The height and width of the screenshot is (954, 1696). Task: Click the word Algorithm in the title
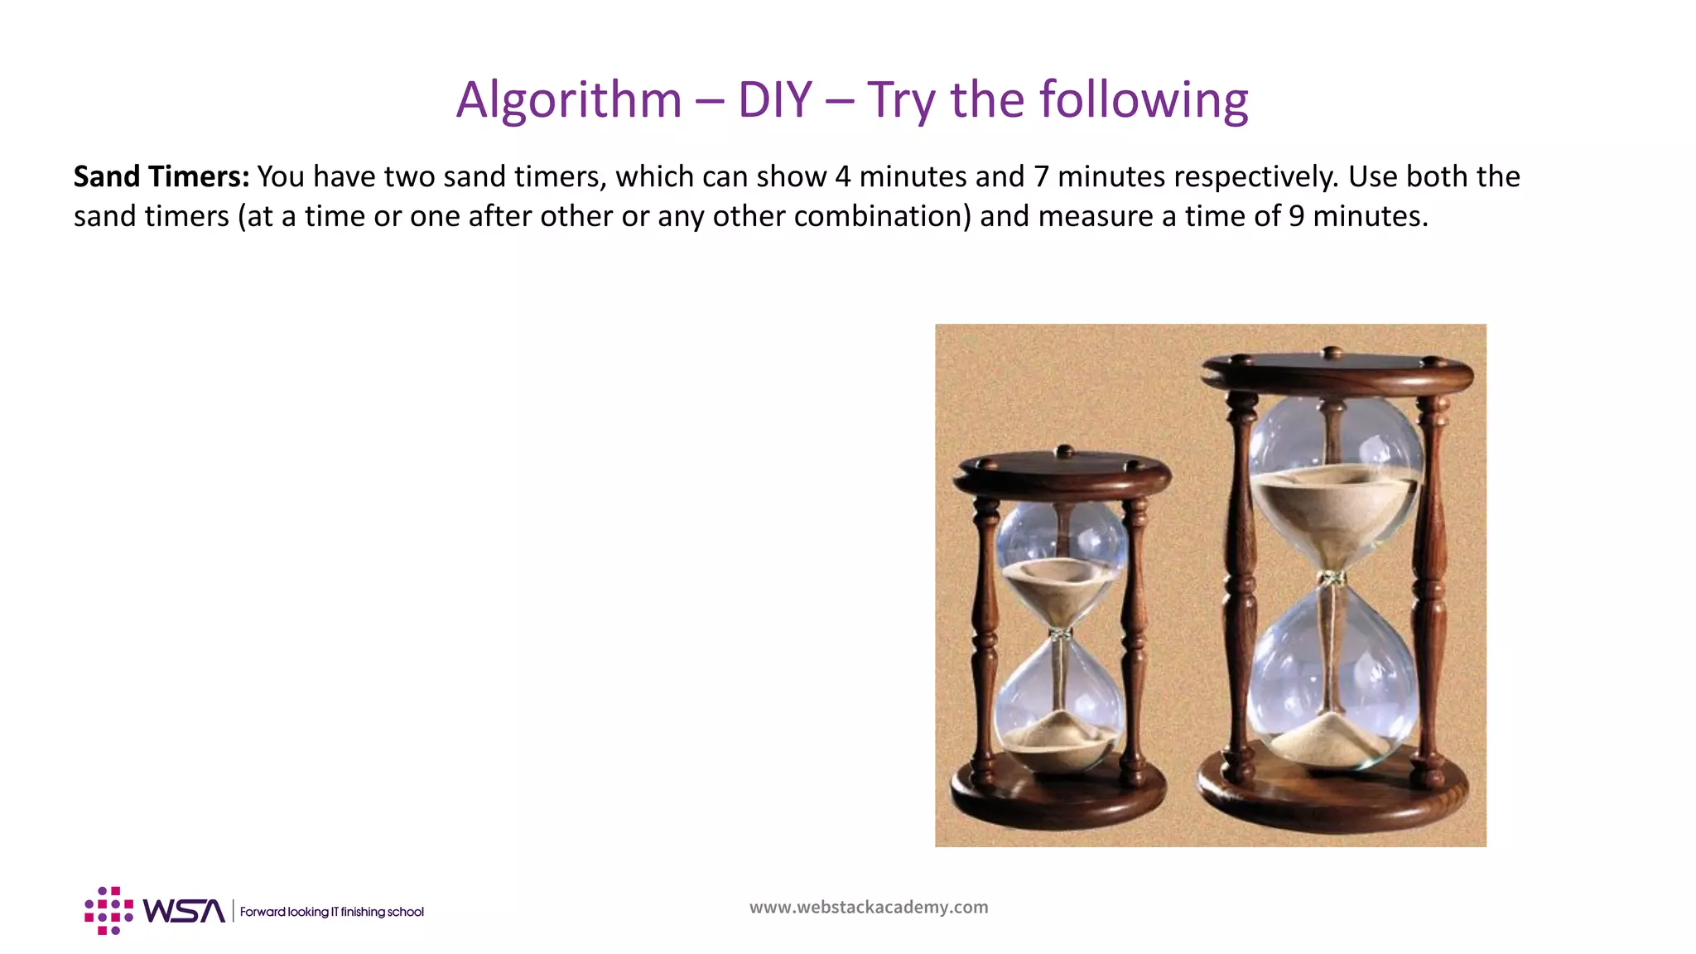[x=569, y=100]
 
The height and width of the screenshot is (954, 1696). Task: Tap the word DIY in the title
[x=774, y=100]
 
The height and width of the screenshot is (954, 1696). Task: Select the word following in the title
[x=1144, y=100]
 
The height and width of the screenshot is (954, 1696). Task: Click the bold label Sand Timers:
[x=161, y=176]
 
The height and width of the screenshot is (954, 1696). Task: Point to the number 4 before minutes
[x=843, y=176]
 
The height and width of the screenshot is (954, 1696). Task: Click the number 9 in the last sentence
[x=1296, y=216]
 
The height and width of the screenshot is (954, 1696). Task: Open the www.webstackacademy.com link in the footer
[x=869, y=907]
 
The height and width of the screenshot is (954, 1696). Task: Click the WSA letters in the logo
[x=184, y=911]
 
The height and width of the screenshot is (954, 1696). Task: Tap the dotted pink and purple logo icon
[x=108, y=911]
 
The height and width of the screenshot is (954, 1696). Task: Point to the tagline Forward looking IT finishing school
[x=331, y=912]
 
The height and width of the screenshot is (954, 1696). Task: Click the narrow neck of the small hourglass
[x=1059, y=634]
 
